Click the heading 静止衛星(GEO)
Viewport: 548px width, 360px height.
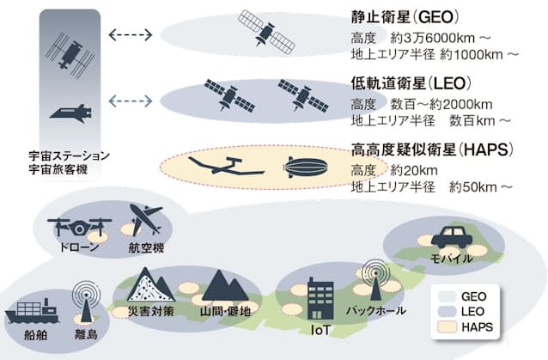coord(405,17)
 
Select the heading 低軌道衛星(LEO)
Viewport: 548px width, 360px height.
coord(411,83)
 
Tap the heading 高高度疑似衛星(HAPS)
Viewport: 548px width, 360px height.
coord(433,149)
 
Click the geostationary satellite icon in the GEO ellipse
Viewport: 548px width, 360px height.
coord(266,33)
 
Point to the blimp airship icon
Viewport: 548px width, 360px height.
coord(306,167)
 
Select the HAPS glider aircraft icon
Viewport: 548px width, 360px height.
coord(226,166)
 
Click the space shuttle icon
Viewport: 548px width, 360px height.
coord(71,113)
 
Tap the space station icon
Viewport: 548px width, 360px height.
coord(70,55)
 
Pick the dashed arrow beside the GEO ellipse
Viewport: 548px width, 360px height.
coord(131,34)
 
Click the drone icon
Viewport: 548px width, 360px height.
coord(79,227)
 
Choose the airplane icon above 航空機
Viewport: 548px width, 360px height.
coord(147,219)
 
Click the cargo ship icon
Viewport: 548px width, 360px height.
coord(32,311)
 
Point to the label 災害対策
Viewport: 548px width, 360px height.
coord(151,311)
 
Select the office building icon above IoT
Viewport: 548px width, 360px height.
coord(320,299)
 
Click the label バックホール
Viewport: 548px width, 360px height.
coord(376,310)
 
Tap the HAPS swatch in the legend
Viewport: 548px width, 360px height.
coord(447,327)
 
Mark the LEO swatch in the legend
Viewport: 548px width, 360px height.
coord(447,311)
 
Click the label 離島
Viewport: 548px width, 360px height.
coord(86,334)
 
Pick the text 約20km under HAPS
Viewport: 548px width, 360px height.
coord(414,171)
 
